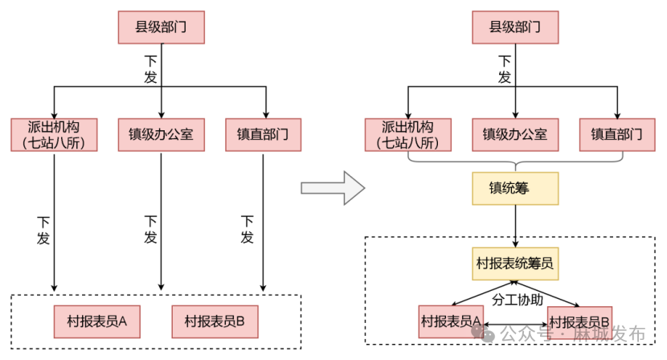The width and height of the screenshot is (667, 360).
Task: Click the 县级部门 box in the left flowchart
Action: point(161,27)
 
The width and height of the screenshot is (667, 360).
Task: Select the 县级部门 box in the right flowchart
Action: point(514,27)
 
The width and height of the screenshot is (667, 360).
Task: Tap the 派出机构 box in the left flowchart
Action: point(54,135)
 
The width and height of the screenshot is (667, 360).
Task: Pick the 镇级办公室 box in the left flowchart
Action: point(161,134)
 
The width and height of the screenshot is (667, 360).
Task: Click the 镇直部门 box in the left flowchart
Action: point(264,134)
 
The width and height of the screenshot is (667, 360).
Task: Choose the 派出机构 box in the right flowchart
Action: point(407,135)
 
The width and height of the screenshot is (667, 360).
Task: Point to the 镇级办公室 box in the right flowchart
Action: point(514,134)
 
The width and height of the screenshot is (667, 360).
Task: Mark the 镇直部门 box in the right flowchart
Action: point(617,134)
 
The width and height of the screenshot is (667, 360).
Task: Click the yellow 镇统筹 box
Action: point(514,190)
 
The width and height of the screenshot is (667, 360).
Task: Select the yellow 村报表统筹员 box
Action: point(514,263)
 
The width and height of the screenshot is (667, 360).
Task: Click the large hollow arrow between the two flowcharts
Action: point(332,188)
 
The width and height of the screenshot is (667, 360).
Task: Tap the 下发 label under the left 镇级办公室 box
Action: point(150,229)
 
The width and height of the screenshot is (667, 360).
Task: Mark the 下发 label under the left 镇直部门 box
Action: point(248,229)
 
